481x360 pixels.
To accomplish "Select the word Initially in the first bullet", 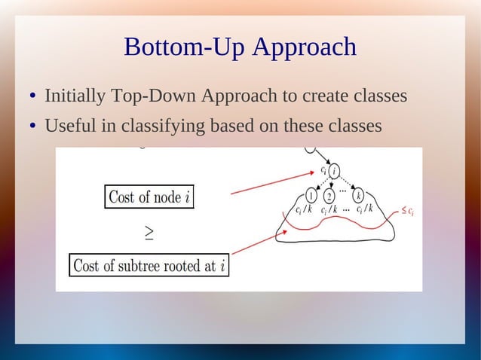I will pyautogui.click(x=75, y=97).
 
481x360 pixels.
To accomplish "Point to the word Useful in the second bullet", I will pyautogui.click(x=69, y=126).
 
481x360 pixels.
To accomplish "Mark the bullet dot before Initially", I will pyautogui.click(x=34, y=98).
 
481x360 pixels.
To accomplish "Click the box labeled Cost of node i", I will pyautogui.click(x=149, y=198).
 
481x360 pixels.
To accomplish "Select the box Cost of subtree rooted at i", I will pyautogui.click(x=150, y=265).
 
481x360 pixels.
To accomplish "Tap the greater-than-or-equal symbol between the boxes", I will pyautogui.click(x=149, y=233).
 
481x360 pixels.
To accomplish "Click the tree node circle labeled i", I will pyautogui.click(x=335, y=171).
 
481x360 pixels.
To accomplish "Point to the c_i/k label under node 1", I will pyautogui.click(x=304, y=209).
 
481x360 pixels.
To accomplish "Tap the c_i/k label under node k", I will pyautogui.click(x=364, y=209).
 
